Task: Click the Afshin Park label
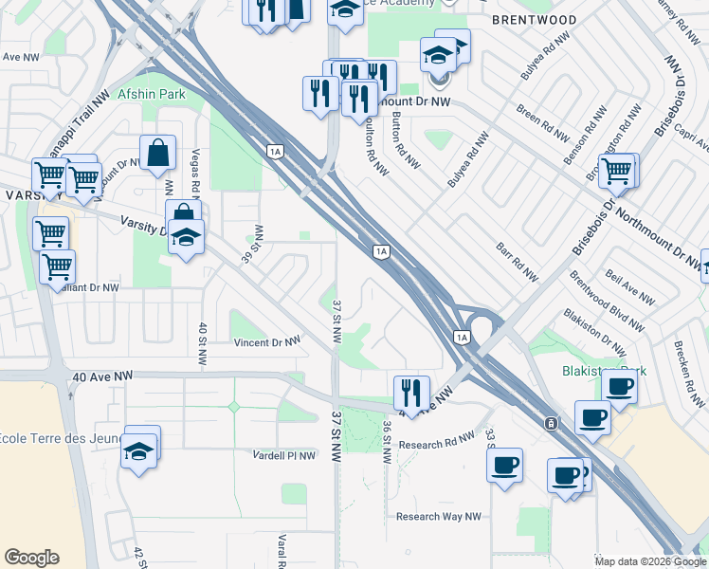point(152,95)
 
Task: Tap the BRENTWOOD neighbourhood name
point(535,19)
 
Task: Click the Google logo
point(32,558)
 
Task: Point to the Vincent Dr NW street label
point(266,341)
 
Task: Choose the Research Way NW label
point(438,517)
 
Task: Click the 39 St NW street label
point(252,246)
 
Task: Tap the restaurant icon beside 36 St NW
point(411,390)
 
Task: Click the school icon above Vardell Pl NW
point(139,450)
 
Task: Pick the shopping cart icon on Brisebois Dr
point(616,172)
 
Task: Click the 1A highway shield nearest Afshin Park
point(276,150)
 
